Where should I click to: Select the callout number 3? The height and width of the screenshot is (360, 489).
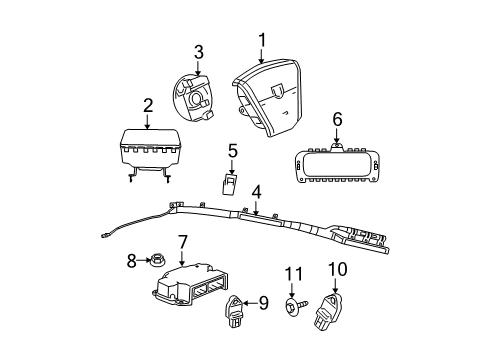[x=199, y=51]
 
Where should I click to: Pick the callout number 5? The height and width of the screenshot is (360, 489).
[x=232, y=151]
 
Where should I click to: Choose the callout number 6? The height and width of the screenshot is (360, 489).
[x=337, y=119]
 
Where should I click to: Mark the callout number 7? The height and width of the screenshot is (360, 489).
[x=183, y=242]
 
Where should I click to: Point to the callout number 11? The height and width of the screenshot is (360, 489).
[x=294, y=273]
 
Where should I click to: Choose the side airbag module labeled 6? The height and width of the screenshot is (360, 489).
[x=338, y=159]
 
